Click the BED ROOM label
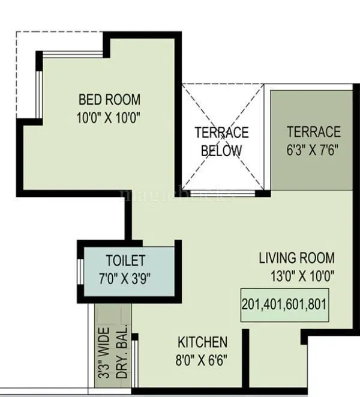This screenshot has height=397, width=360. coord(109,99)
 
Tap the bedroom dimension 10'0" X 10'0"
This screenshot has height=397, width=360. coord(109,117)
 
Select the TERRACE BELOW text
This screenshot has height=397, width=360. coord(221,141)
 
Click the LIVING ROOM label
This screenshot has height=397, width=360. coord(296,258)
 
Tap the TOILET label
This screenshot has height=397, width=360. coord(125,261)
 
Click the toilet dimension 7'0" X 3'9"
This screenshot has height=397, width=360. coord(125,278)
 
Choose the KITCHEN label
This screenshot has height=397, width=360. coord(202,342)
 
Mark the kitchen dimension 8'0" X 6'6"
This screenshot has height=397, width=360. coord(202,360)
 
